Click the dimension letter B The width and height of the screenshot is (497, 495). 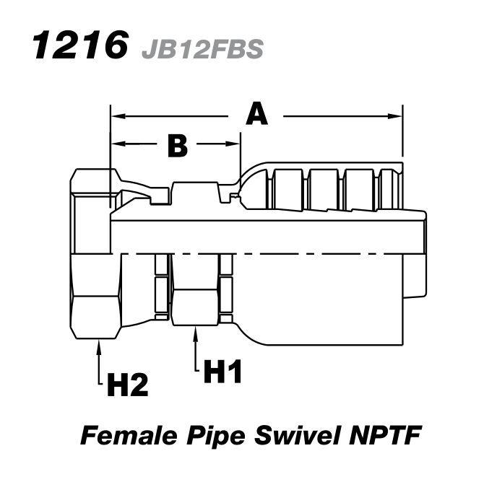(177, 146)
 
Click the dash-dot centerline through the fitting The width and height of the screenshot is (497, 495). (289, 254)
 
